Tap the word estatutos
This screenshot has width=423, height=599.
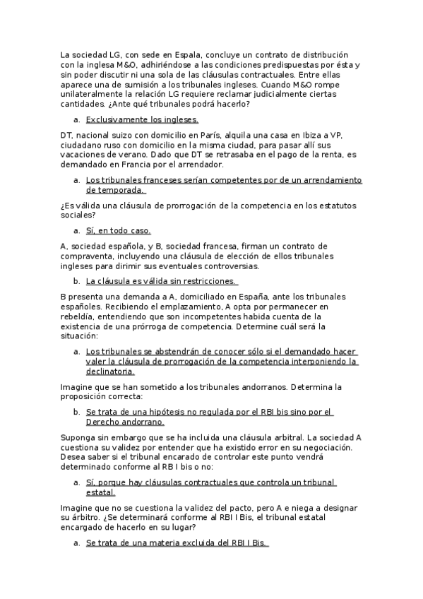pos(335,206)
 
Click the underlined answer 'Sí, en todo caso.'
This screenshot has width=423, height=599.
pos(119,231)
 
